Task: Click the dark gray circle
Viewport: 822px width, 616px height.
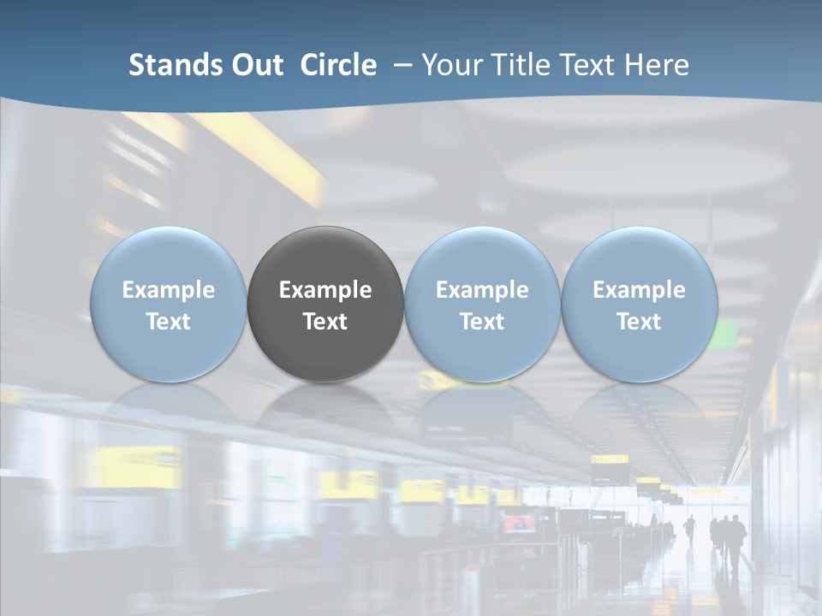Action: point(325,257)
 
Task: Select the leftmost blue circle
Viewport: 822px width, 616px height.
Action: point(168,257)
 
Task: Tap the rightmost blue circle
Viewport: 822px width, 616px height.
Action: point(639,257)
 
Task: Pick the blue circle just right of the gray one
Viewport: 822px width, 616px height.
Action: point(482,257)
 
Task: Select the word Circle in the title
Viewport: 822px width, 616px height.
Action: point(338,65)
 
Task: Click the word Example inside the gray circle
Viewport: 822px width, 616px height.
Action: point(325,290)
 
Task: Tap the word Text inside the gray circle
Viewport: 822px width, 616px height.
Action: point(325,322)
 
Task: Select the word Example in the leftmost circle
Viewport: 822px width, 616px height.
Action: point(168,290)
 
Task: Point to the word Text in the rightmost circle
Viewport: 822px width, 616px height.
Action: point(639,322)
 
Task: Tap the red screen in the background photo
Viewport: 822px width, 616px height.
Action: point(518,523)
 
